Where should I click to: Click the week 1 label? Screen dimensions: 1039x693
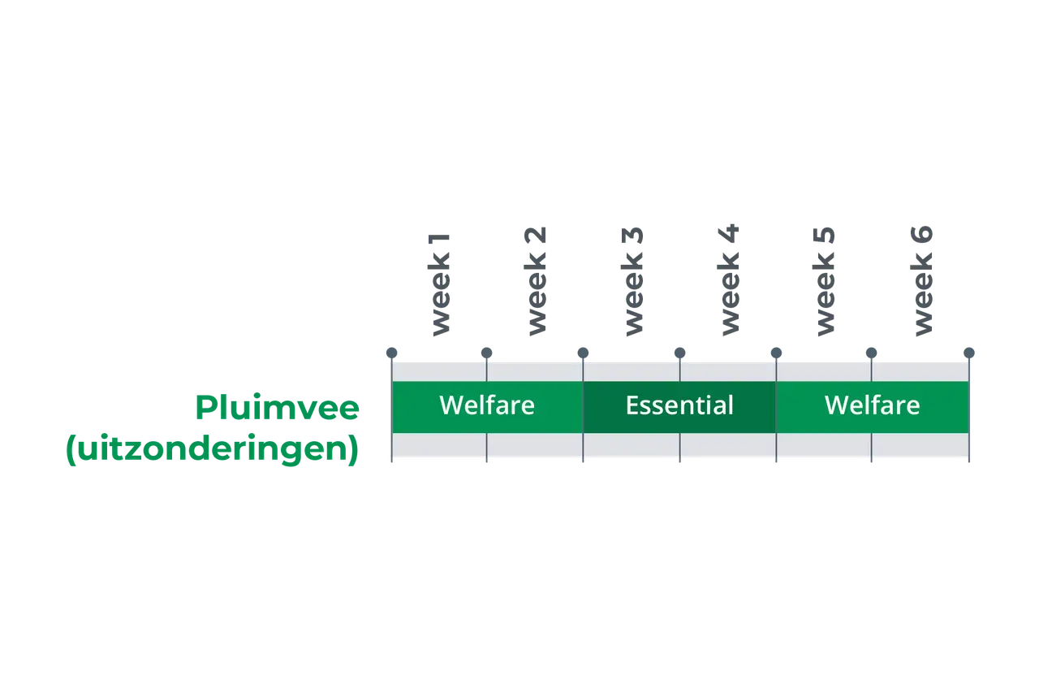[x=439, y=284]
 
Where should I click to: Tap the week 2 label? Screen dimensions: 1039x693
[x=536, y=281]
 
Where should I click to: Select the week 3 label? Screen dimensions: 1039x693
[x=632, y=281]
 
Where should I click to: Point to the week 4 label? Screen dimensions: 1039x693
[x=728, y=279]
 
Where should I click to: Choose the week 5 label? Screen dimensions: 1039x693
[x=824, y=281]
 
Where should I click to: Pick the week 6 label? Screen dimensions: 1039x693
[x=921, y=281]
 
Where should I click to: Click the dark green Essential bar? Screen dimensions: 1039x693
[x=679, y=407]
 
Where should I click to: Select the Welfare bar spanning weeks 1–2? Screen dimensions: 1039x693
[x=488, y=407]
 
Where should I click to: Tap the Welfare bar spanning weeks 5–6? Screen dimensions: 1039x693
[x=873, y=407]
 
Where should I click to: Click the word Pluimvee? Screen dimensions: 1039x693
[x=278, y=408]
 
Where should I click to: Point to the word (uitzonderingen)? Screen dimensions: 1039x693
[x=213, y=448]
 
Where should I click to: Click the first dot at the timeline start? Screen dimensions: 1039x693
[x=391, y=353]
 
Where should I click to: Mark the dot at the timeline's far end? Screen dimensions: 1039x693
[x=969, y=353]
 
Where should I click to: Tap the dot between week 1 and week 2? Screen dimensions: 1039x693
[x=486, y=353]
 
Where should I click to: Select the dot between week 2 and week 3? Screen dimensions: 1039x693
[x=583, y=353]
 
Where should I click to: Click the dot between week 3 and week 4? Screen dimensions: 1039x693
[x=680, y=353]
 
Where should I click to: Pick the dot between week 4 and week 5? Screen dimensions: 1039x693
[x=776, y=353]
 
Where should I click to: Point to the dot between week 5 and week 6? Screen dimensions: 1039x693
[x=872, y=353]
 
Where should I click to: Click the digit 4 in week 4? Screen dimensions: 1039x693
[x=728, y=233]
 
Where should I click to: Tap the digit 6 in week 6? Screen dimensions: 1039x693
[x=921, y=234]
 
